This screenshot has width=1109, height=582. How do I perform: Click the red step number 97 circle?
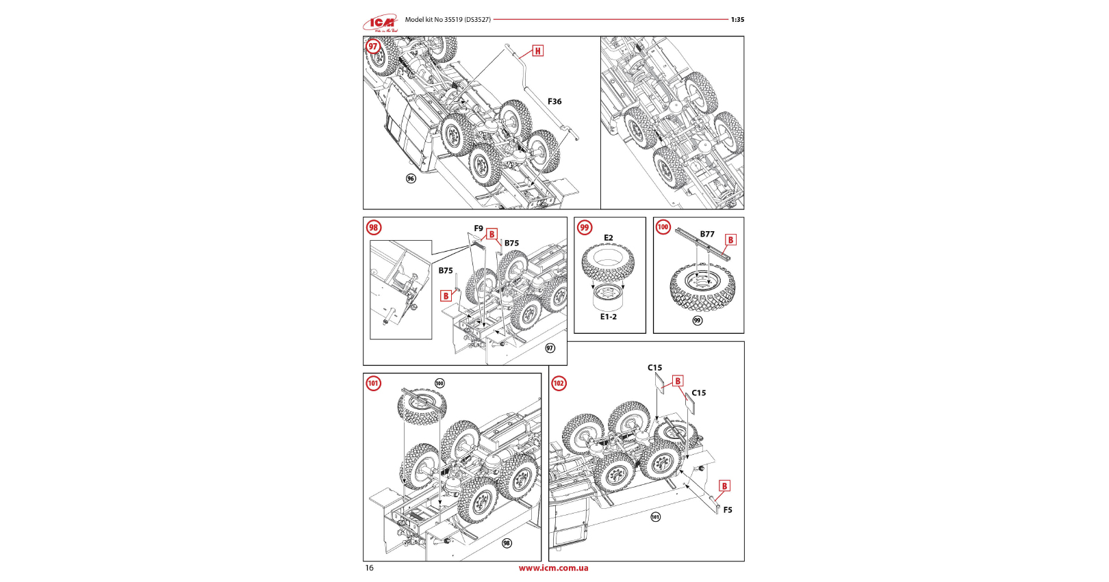click(x=373, y=47)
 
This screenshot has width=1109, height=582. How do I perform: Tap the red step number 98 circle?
click(x=373, y=228)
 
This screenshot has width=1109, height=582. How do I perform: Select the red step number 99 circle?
click(x=584, y=228)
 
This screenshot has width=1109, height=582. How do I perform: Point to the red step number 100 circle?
click(x=663, y=227)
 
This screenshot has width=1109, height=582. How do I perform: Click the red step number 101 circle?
click(x=373, y=383)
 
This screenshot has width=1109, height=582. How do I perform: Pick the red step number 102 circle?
click(x=559, y=383)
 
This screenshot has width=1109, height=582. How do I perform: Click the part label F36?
click(x=554, y=101)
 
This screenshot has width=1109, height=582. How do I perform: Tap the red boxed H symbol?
click(x=538, y=51)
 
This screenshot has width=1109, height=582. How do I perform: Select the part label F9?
click(x=479, y=228)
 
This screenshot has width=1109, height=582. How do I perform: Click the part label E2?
click(x=609, y=238)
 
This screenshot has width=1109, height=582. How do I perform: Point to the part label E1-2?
click(x=609, y=317)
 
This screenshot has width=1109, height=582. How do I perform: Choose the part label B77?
click(x=707, y=234)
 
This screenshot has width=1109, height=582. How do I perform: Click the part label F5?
click(x=728, y=510)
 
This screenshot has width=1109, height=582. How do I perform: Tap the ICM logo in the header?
click(x=381, y=23)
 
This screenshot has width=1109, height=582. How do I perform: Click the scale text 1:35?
click(x=737, y=20)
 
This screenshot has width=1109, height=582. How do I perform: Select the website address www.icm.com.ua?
click(x=553, y=568)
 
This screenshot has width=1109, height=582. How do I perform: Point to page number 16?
click(x=370, y=568)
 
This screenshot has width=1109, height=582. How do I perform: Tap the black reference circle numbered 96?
click(x=411, y=178)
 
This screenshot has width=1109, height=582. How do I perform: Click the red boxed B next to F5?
click(x=724, y=486)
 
